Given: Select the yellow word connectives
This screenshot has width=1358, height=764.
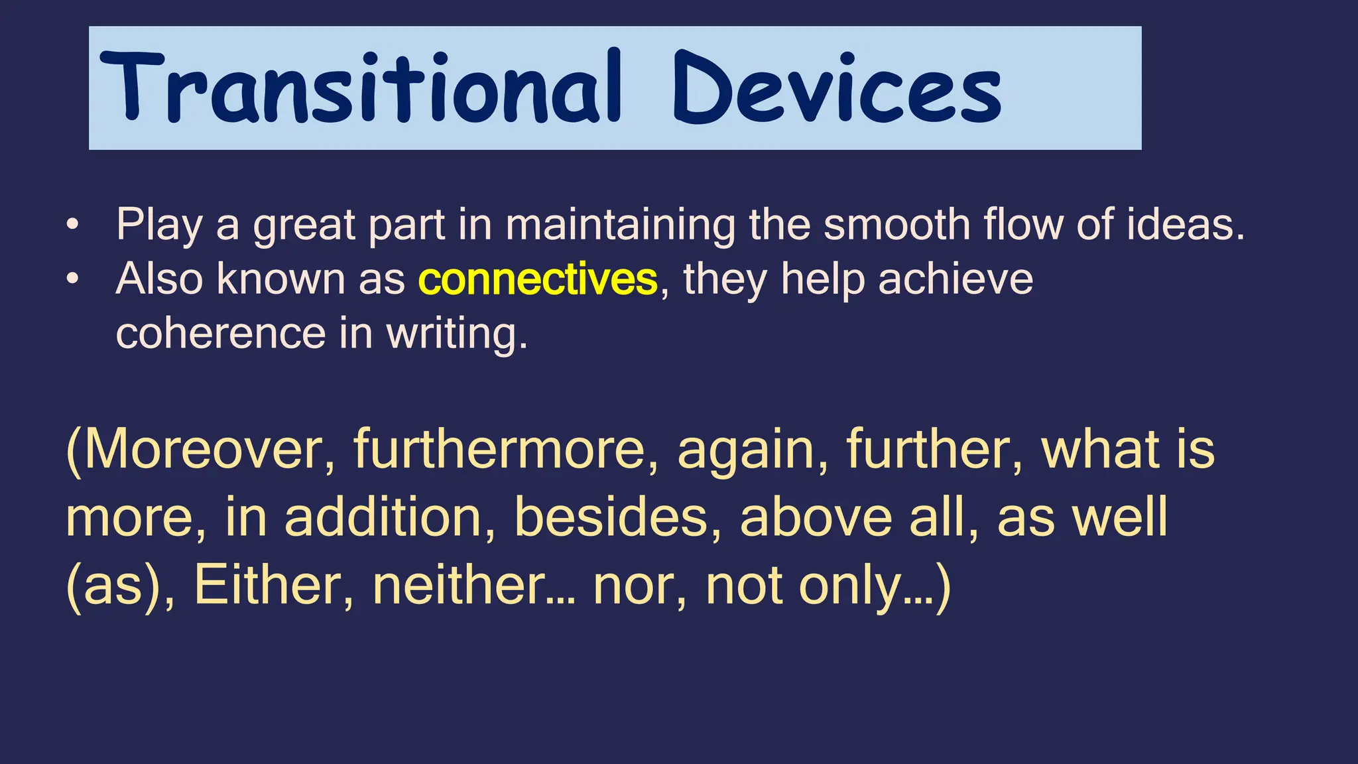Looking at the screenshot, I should (x=538, y=279).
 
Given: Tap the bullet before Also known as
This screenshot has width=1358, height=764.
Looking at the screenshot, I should (x=72, y=279).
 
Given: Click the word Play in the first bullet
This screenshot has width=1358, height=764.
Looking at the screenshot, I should (x=159, y=225).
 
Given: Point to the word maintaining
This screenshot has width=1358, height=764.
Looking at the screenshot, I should (x=620, y=225).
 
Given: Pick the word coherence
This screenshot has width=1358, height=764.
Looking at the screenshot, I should (x=221, y=333).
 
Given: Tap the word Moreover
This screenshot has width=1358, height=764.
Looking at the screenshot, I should (x=202, y=450).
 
